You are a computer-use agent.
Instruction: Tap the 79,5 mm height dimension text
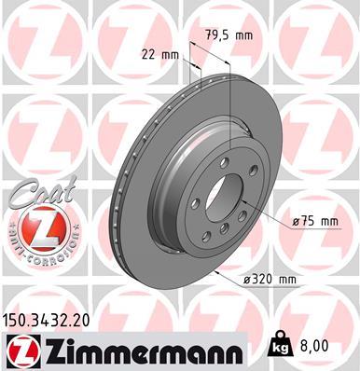[x=226, y=35]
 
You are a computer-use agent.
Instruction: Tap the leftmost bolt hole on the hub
[x=195, y=203]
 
